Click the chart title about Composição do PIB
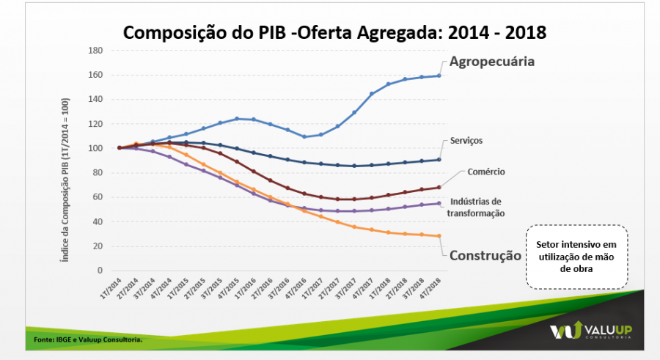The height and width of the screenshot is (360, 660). [334, 32]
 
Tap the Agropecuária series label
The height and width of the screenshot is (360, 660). [492, 62]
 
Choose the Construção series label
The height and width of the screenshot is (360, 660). [485, 256]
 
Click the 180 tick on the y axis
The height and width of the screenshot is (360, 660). [95, 51]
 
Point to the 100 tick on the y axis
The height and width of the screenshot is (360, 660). [95, 148]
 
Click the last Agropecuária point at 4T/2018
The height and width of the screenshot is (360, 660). [439, 76]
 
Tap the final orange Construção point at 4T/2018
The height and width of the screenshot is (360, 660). [439, 235]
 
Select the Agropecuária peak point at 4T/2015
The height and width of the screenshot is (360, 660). [237, 119]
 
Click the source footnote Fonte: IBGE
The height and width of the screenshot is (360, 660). [88, 339]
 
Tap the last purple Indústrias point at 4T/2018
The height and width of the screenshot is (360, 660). [439, 203]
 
